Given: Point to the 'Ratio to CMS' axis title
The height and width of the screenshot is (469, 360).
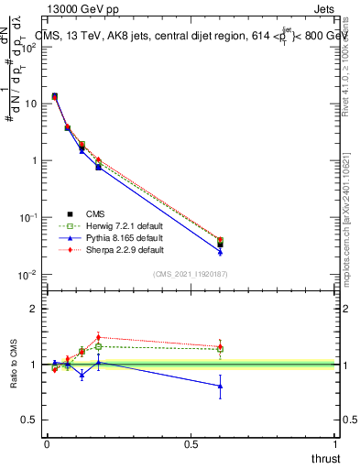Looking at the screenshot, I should tap(14, 380).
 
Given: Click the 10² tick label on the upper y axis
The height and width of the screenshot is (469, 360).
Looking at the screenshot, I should tap(29, 47).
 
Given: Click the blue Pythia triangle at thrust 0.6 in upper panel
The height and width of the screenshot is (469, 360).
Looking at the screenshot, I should tap(220, 252).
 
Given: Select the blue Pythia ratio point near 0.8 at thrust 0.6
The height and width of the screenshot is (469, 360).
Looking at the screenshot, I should tap(220, 387).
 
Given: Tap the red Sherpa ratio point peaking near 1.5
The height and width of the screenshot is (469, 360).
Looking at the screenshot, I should tap(98, 337).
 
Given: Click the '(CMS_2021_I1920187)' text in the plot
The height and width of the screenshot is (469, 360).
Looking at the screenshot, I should tap(191, 274).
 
